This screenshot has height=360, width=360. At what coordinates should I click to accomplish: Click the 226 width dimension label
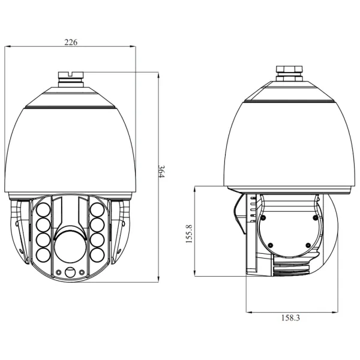click(71, 43)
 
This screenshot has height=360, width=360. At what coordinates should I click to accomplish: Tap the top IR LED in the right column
click(97, 210)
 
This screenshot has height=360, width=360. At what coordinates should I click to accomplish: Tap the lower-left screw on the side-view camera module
click(270, 245)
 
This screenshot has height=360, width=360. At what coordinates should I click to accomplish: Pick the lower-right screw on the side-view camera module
click(307, 245)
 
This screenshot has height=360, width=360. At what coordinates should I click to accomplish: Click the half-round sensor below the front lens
click(71, 272)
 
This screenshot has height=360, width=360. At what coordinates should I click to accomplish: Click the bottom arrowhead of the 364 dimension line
click(159, 278)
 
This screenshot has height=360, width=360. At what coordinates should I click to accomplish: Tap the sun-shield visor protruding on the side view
click(239, 214)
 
